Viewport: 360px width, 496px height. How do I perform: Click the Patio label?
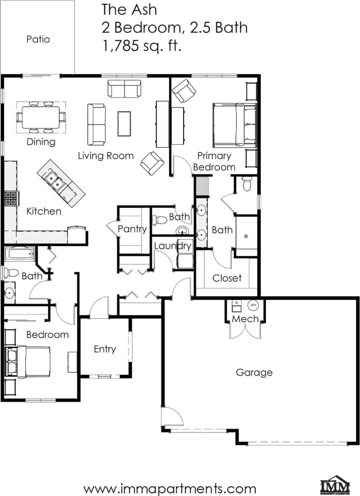(38, 40)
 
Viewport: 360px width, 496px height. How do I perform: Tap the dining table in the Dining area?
(41, 117)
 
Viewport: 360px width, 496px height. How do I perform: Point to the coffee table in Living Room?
(124, 123)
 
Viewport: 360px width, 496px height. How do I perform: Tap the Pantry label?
(132, 229)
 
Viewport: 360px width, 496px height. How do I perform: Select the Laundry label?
(173, 246)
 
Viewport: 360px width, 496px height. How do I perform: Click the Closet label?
(227, 278)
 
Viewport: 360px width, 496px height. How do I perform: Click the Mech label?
(245, 319)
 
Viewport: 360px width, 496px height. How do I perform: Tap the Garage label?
(254, 373)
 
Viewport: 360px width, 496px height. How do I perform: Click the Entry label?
(105, 349)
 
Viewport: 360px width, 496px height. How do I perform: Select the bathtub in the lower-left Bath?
(20, 254)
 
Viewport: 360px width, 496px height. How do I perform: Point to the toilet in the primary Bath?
(247, 184)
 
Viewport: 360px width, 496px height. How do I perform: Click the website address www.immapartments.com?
(170, 489)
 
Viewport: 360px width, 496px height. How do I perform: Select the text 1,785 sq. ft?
(142, 46)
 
